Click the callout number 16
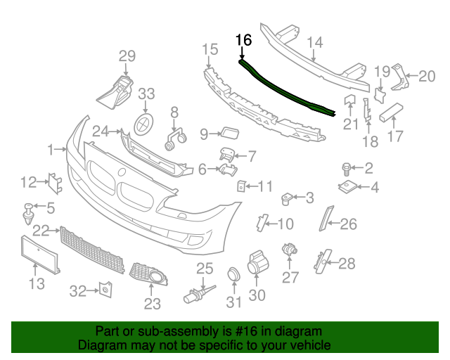[x=243, y=40]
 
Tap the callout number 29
[x=127, y=56]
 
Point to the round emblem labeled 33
[x=145, y=122]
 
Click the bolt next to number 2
[x=346, y=167]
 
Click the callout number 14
[x=314, y=43]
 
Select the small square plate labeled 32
[x=105, y=288]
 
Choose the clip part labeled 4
[x=347, y=187]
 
